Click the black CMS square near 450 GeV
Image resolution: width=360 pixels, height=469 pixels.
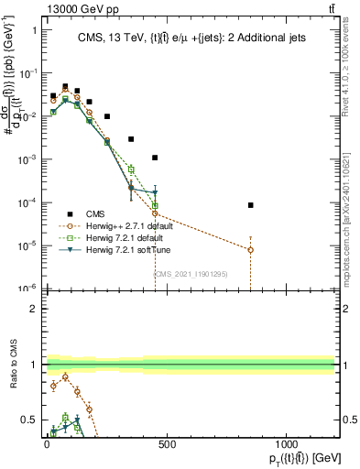tap(155, 158)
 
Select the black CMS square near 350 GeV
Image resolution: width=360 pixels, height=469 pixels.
tap(131, 139)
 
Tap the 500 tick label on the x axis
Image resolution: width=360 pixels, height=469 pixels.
tap(166, 443)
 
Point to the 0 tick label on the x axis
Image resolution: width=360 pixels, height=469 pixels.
tap(47, 443)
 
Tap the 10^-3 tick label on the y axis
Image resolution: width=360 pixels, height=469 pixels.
tap(26, 159)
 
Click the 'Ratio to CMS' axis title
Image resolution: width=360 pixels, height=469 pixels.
tap(12, 365)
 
